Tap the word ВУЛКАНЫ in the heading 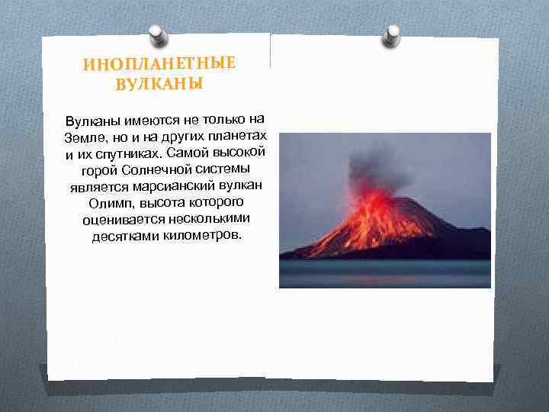(159, 82)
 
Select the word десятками (124, 237)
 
